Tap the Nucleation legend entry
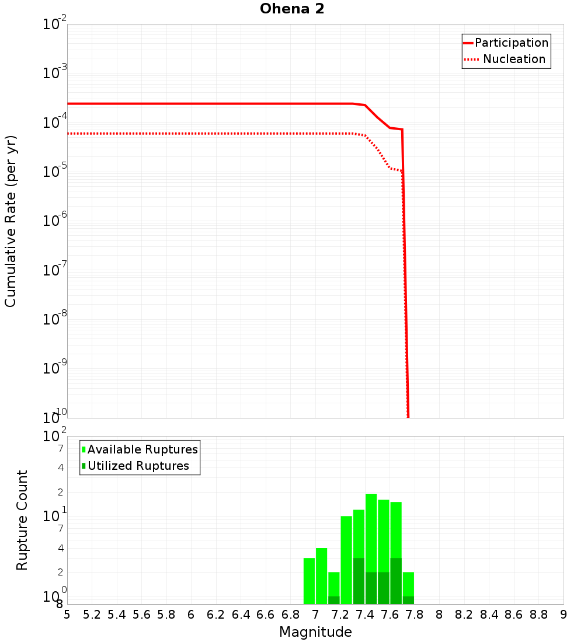[x=514, y=59]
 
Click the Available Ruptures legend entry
[x=142, y=449]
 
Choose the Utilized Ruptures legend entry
[x=138, y=466]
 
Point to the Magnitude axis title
[x=315, y=632]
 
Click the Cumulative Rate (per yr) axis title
[x=11, y=221]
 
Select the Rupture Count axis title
[x=22, y=520]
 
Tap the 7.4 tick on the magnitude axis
[x=365, y=615]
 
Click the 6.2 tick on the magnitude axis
[x=216, y=615]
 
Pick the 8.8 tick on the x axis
[x=539, y=615]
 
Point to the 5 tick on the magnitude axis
[x=67, y=615]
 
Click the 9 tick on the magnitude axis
[x=564, y=615]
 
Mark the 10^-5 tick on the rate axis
[x=55, y=172]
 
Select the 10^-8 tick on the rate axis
[x=55, y=319]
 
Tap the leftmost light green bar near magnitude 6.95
[x=309, y=581]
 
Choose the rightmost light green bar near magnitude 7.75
[x=408, y=584]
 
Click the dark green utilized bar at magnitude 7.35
[x=359, y=581]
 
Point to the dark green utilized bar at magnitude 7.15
[x=334, y=600]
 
